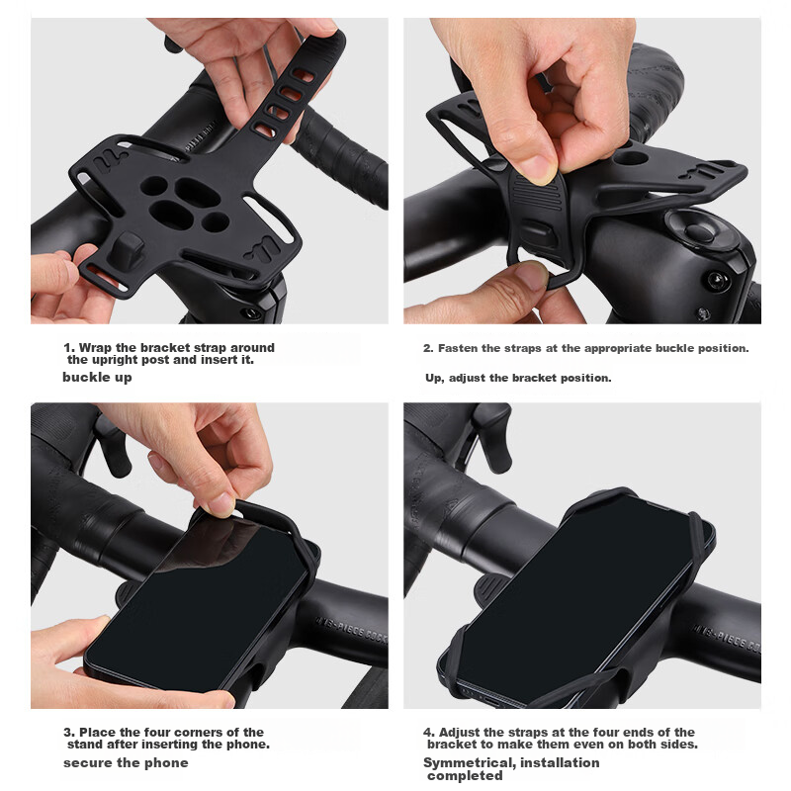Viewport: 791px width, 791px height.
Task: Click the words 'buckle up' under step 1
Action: pos(97,378)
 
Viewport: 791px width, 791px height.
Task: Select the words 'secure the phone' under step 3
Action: pos(126,762)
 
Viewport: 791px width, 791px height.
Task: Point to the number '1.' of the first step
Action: pos(69,348)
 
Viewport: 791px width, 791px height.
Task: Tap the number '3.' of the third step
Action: pos(69,732)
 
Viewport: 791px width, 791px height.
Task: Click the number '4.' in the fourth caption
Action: pos(429,732)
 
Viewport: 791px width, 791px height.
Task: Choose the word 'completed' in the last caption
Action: pos(465,775)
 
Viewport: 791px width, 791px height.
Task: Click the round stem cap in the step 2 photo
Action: pos(699,229)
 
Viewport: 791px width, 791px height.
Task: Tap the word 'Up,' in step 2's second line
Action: pos(434,378)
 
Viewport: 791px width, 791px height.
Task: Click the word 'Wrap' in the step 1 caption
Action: pos(95,348)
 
